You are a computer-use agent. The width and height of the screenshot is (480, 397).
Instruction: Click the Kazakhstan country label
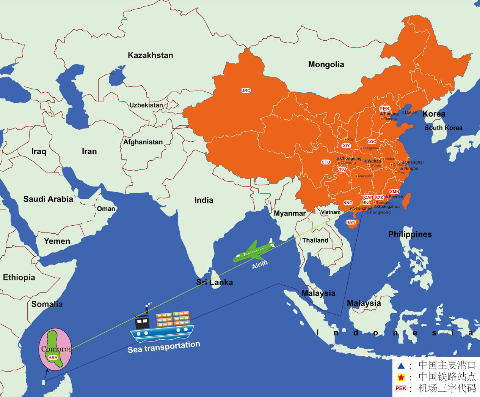pos(150,55)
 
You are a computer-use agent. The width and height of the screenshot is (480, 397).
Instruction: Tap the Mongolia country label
pos(326,65)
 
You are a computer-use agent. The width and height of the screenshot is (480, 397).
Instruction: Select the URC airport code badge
pos(246,90)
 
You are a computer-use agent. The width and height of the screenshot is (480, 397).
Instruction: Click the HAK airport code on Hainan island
pos(351,222)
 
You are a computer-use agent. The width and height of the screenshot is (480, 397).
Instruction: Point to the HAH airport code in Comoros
pos(53,357)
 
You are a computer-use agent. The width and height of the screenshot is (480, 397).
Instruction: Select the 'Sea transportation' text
pos(164,346)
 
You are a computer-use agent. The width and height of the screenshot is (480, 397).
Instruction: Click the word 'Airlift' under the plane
pos(260,265)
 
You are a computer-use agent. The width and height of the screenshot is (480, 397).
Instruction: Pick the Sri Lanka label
pos(214,282)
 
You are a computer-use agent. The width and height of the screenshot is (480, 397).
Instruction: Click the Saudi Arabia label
pos(48,199)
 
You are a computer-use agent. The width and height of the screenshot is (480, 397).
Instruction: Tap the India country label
pos(204,200)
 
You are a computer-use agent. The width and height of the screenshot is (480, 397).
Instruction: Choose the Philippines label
pos(410,234)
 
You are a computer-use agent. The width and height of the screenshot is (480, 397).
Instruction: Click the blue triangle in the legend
pos(401,366)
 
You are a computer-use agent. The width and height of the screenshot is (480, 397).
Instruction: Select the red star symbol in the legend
pos(401,377)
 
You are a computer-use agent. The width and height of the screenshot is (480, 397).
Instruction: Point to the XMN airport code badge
pos(394,191)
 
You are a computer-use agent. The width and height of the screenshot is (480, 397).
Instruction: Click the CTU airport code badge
pos(326,162)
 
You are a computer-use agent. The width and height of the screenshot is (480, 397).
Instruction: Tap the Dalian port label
pos(411,112)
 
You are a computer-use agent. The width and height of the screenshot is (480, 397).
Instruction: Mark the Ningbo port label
pos(411,168)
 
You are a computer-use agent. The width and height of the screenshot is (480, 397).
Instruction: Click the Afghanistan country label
pos(143,142)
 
